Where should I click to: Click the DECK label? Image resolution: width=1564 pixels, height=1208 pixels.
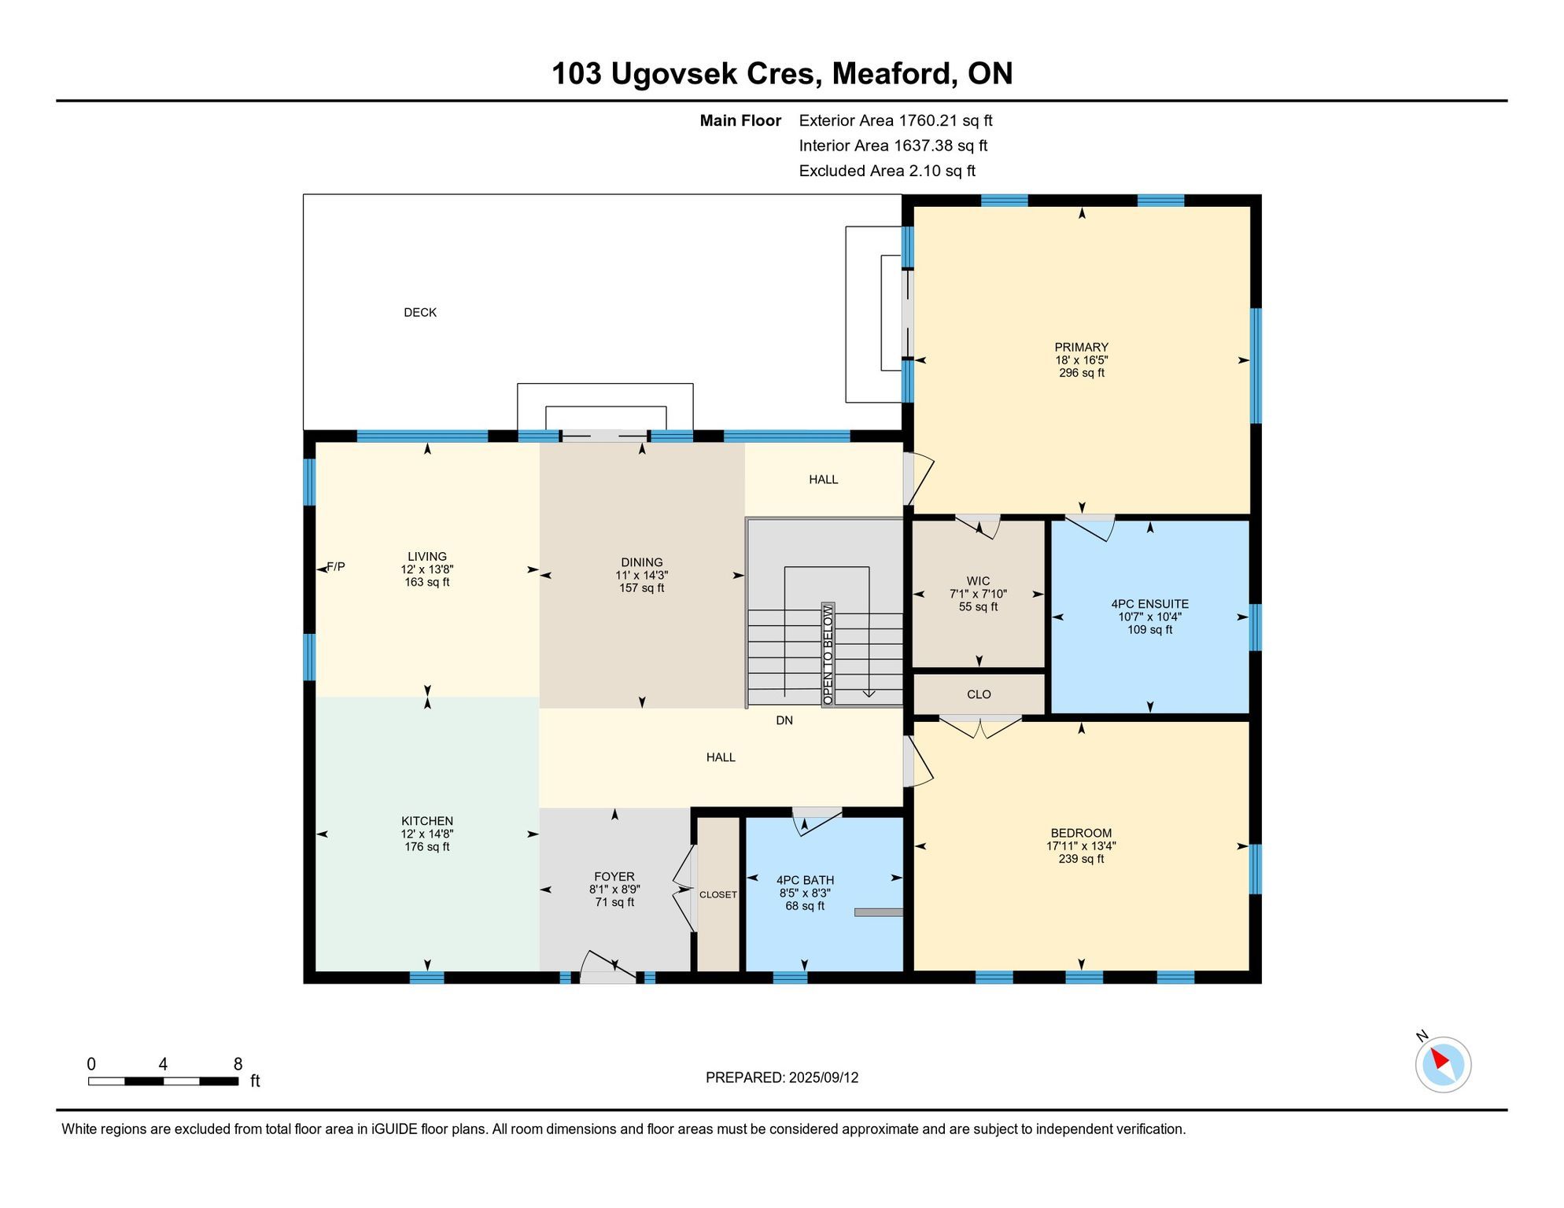[420, 312]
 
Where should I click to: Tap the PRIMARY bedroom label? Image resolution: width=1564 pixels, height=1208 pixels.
[1081, 347]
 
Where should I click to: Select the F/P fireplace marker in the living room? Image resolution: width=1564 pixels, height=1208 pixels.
[336, 566]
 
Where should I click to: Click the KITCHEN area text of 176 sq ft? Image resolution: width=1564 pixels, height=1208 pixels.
[427, 847]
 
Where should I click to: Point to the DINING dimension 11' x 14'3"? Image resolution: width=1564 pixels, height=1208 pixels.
[642, 575]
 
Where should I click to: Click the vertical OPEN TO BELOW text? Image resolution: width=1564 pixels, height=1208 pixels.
[828, 655]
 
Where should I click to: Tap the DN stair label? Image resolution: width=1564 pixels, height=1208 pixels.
[784, 720]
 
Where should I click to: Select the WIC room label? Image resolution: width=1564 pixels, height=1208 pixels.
[979, 581]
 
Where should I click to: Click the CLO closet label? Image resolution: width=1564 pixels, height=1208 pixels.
[979, 694]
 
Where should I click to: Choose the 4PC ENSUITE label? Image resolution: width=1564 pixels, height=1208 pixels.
[1149, 604]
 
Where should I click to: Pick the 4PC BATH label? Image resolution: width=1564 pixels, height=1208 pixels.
[805, 881]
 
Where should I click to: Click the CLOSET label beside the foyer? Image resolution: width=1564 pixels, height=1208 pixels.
[718, 895]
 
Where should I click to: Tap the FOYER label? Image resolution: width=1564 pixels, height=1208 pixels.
[614, 877]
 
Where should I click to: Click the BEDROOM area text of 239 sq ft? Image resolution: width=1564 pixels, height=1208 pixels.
[1081, 859]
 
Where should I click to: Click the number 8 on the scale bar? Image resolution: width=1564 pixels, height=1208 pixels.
[238, 1064]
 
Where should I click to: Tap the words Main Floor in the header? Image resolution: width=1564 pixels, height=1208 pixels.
[740, 120]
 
